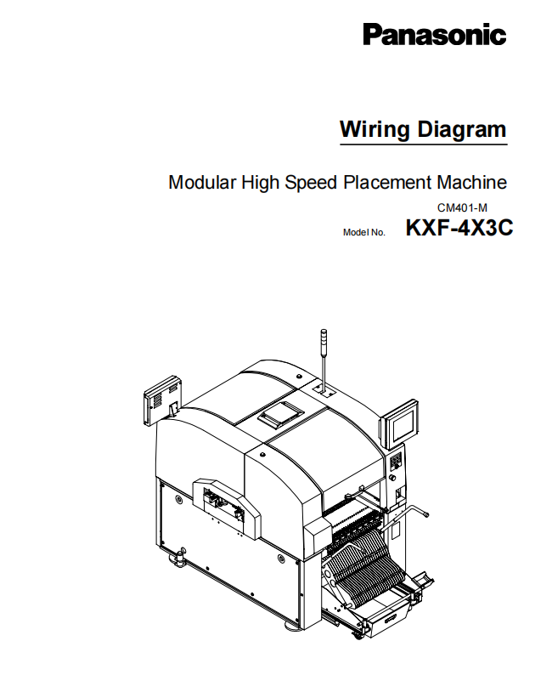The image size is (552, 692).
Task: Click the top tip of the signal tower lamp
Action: click(324, 330)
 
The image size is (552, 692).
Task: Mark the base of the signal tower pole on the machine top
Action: click(324, 390)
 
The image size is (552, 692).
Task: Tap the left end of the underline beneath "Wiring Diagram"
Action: click(340, 144)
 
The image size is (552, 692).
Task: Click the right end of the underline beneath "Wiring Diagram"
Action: click(508, 144)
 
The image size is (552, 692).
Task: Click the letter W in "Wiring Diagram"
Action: click(351, 129)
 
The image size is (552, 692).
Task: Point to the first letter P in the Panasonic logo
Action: click(373, 34)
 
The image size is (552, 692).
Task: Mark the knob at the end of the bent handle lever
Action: click(426, 514)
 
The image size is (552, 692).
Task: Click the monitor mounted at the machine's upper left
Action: click(163, 400)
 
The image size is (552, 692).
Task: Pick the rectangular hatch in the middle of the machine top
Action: click(281, 415)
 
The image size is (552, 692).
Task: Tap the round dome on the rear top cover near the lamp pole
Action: click(299, 377)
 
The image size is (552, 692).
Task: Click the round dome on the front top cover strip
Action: click(262, 454)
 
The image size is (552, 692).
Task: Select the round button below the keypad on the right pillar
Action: click(392, 478)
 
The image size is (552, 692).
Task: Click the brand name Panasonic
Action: click(435, 34)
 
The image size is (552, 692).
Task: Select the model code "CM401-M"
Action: click(462, 208)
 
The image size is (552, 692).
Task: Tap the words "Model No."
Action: click(364, 233)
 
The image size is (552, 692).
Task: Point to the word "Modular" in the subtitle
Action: click(202, 182)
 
